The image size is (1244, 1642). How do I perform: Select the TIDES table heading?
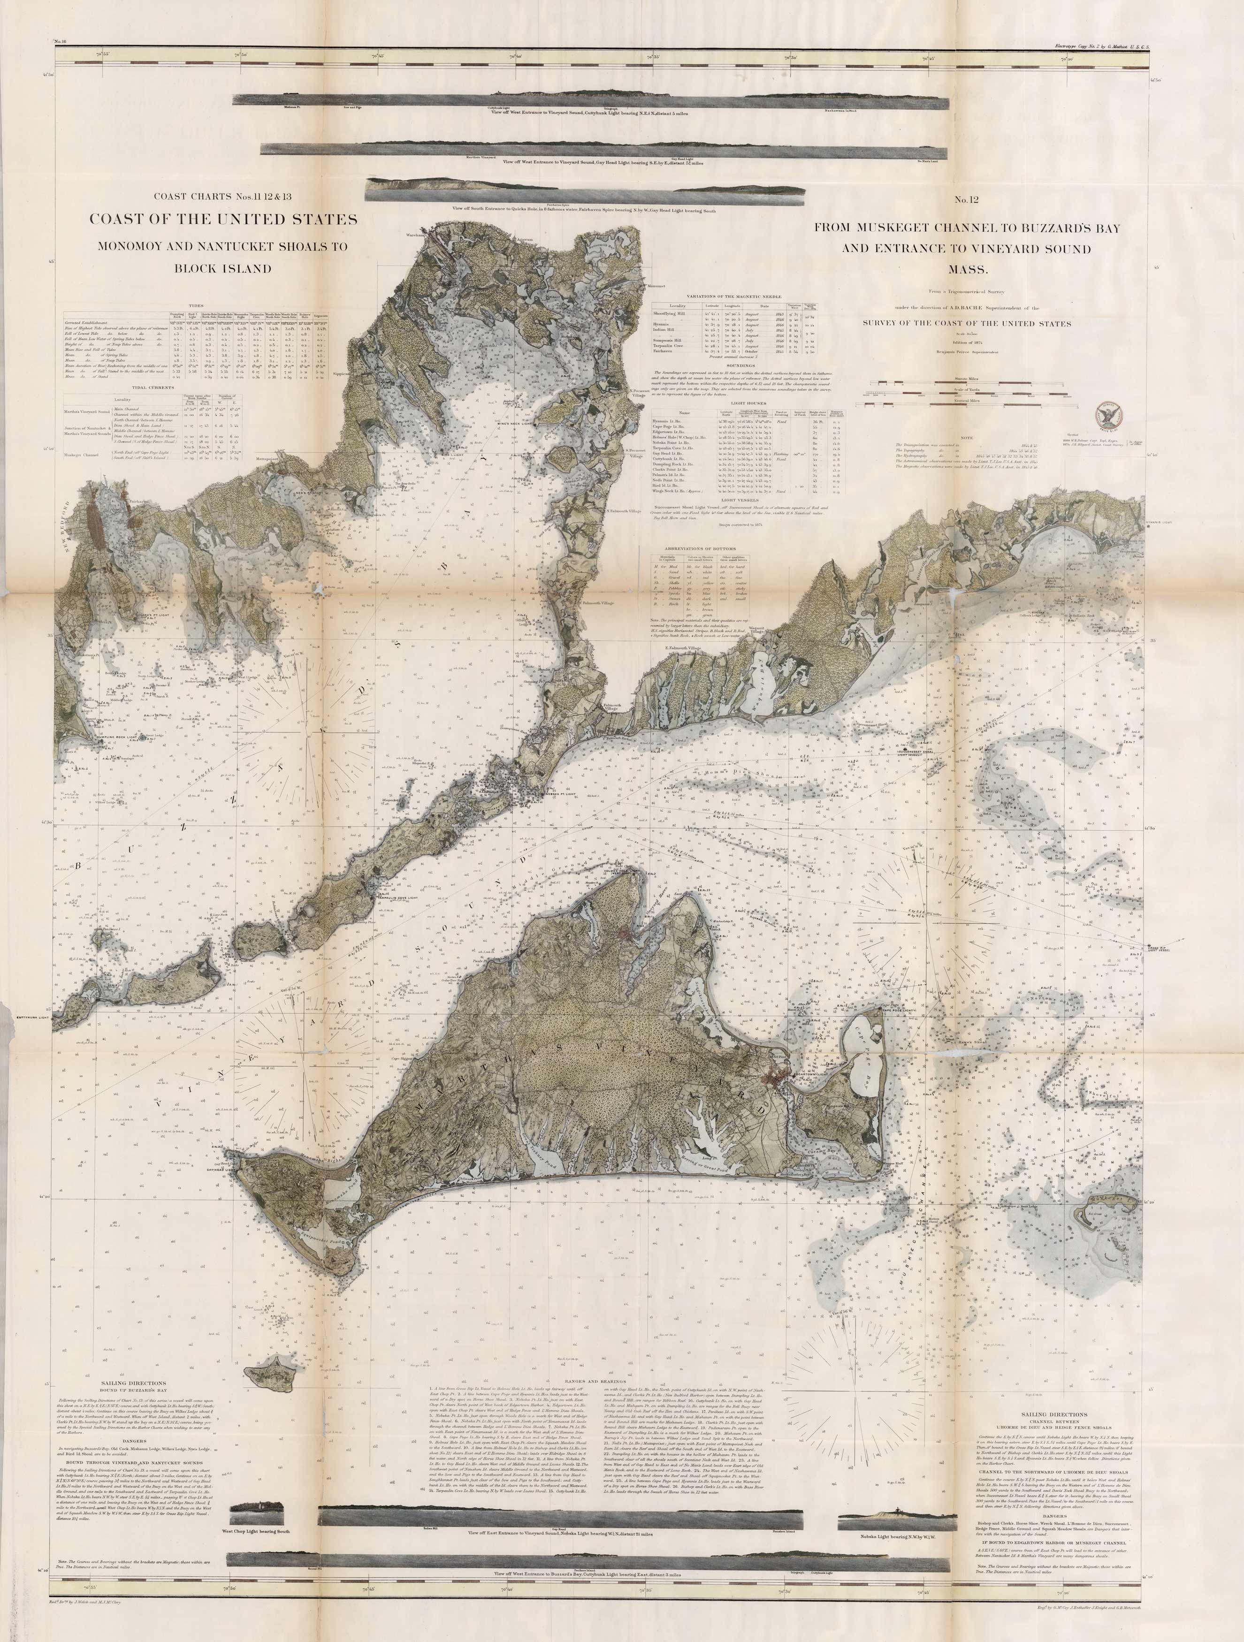tap(197, 304)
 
